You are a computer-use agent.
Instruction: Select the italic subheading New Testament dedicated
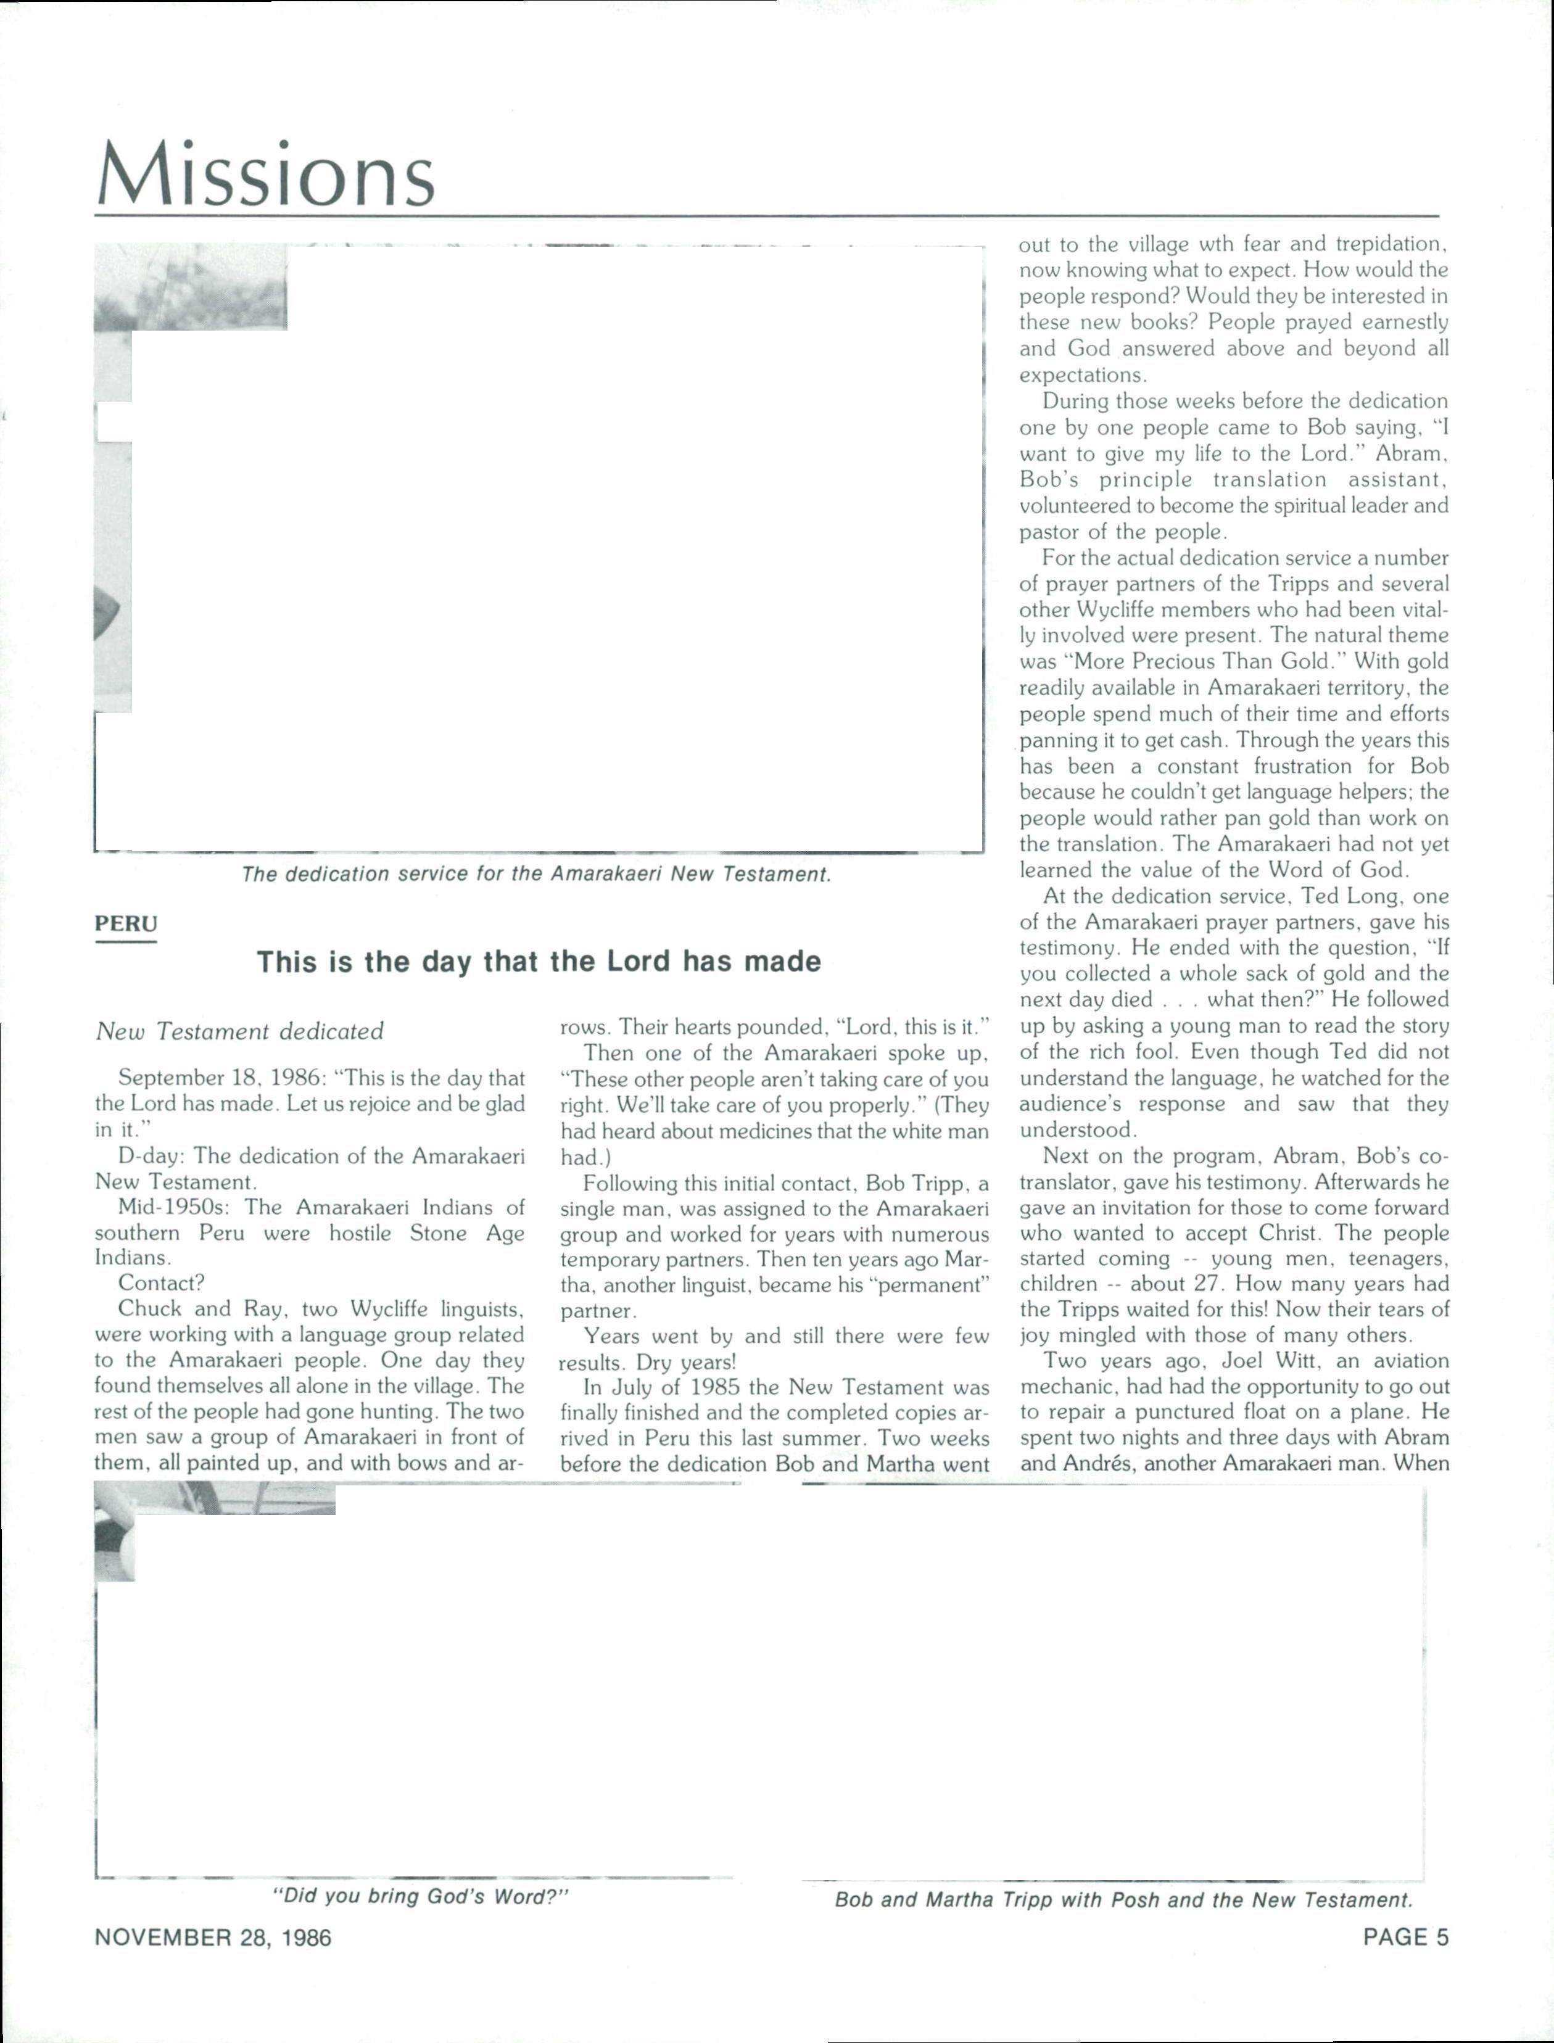click(239, 1031)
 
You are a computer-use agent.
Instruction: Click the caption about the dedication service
click(537, 874)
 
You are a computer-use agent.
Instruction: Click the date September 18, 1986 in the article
click(218, 1078)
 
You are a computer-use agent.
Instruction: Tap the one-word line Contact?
click(161, 1283)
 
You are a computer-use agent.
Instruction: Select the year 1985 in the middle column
click(713, 1387)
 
